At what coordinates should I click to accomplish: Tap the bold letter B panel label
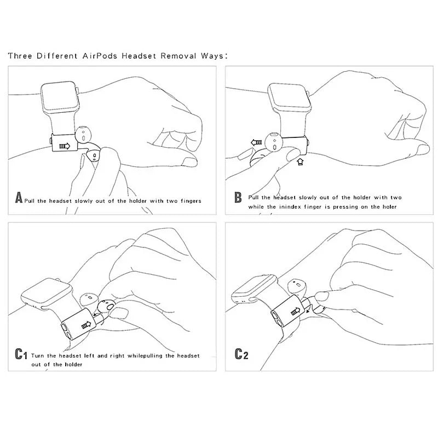[238, 197]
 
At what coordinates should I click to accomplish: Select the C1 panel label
[20, 355]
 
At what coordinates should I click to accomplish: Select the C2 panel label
[241, 354]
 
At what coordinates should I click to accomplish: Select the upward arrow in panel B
[298, 162]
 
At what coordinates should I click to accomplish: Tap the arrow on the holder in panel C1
[85, 325]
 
